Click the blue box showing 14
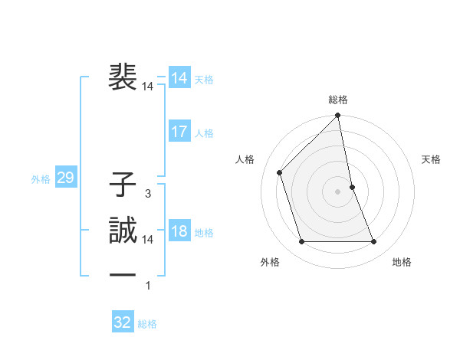[x=179, y=78]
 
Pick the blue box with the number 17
[x=179, y=132]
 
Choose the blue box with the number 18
[x=179, y=231]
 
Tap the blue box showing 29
[x=65, y=178]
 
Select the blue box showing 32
[x=123, y=322]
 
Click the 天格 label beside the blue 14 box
[x=204, y=79]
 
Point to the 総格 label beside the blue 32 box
[x=147, y=323]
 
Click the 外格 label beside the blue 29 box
[x=41, y=179]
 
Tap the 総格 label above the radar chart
[x=338, y=100]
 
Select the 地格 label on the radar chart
[x=402, y=262]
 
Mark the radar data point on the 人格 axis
[x=280, y=172]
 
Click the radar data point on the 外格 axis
[x=302, y=242]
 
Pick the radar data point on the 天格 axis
[x=352, y=187]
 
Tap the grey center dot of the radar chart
[x=338, y=191]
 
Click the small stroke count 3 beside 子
[x=147, y=195]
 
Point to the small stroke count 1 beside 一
[x=147, y=286]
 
